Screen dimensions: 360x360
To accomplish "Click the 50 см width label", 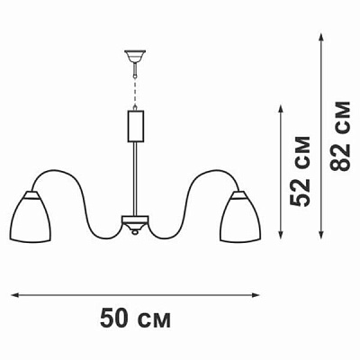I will coord(135,319).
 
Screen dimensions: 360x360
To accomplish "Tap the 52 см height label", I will coord(302,171).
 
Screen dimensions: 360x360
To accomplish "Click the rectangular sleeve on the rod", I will coord(136,123).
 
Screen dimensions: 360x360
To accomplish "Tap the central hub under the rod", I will coord(136,221).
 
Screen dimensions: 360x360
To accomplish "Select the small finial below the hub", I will coord(136,233).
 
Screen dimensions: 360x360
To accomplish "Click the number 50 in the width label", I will coord(116,319).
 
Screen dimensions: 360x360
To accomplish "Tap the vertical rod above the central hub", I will coord(136,180).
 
